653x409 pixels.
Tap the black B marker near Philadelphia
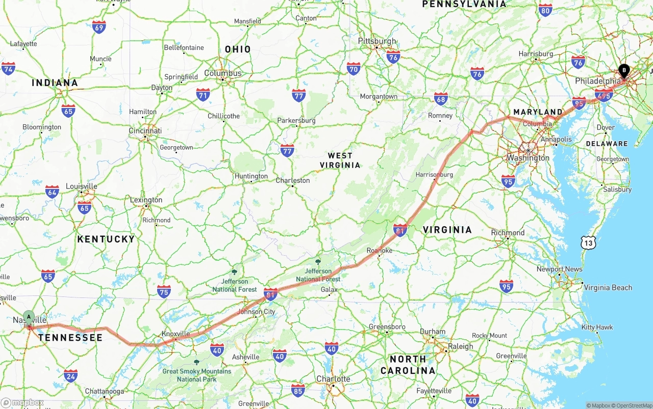pyautogui.click(x=624, y=71)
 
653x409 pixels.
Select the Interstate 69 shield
pyautogui.click(x=99, y=28)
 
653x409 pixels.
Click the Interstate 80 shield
pyautogui.click(x=545, y=10)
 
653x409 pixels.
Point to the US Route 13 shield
pyautogui.click(x=588, y=243)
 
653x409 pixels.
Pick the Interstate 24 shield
pyautogui.click(x=71, y=376)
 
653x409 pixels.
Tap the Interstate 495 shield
pyautogui.click(x=604, y=95)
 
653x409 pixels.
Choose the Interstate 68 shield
pyautogui.click(x=441, y=99)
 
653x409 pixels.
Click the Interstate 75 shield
pyautogui.click(x=164, y=291)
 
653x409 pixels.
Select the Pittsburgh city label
pyautogui.click(x=377, y=41)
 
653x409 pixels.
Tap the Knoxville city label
pyautogui.click(x=176, y=334)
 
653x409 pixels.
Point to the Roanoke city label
pyautogui.click(x=380, y=250)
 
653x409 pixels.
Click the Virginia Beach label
pyautogui.click(x=608, y=287)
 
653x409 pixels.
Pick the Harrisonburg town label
pyautogui.click(x=434, y=174)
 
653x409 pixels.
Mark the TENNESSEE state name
pyautogui.click(x=70, y=337)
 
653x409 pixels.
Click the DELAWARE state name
pyautogui.click(x=607, y=144)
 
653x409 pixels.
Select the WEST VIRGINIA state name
pyautogui.click(x=340, y=160)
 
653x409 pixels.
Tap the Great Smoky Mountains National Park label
pyautogui.click(x=196, y=375)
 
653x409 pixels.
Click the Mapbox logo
pyautogui.click(x=22, y=402)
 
